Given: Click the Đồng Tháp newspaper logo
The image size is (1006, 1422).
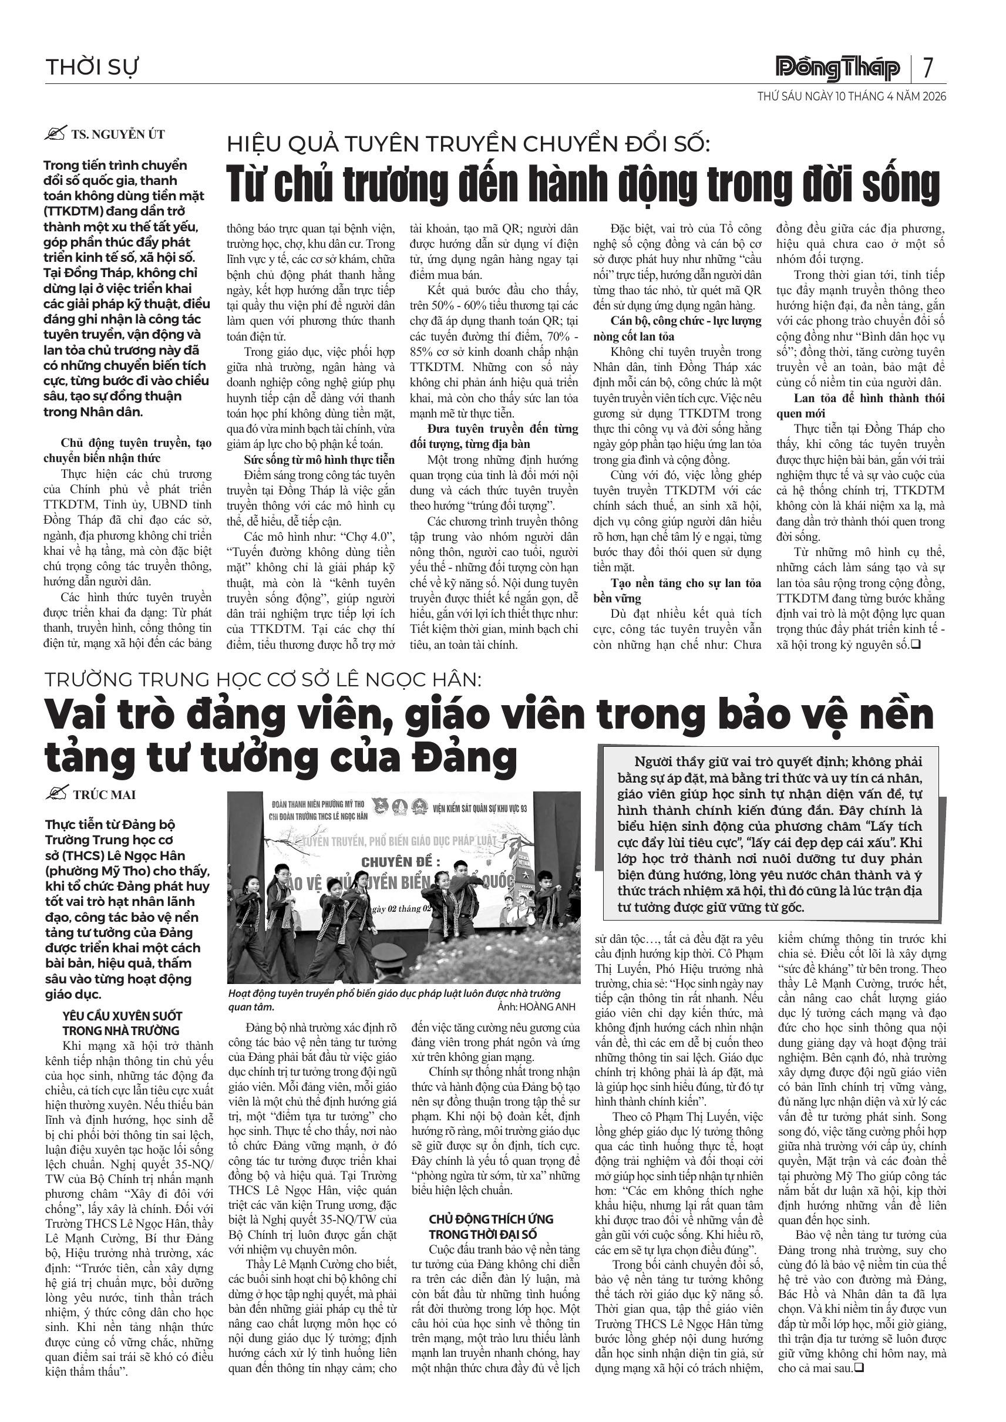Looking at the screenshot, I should pos(838,68).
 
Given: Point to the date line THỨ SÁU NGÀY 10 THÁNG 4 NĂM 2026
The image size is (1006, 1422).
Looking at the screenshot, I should pos(852,97).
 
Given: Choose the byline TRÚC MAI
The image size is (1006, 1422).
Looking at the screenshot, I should pos(105,794).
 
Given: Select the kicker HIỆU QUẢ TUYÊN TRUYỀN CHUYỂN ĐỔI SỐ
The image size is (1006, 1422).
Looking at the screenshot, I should pos(468,144).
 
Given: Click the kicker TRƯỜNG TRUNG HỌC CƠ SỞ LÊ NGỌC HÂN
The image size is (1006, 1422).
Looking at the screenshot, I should pos(263,679).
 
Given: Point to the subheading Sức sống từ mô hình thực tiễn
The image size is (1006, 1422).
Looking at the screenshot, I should pos(319,460).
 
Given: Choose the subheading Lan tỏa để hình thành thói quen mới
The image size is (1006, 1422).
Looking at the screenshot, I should pos(860,406).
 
